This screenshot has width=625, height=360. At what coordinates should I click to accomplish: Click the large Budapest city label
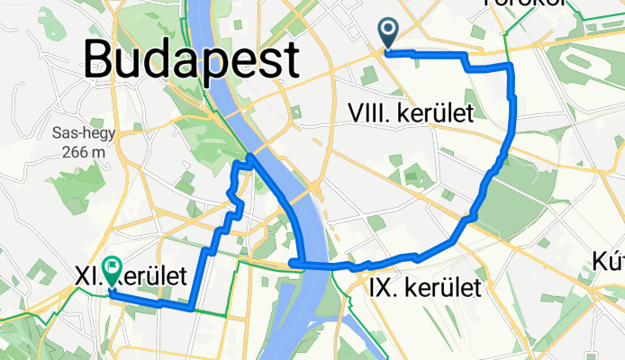[192, 61]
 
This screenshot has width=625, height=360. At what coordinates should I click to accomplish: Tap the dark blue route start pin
[389, 32]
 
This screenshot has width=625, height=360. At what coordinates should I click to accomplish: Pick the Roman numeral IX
[379, 288]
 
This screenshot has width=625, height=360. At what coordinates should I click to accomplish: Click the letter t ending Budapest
[290, 61]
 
